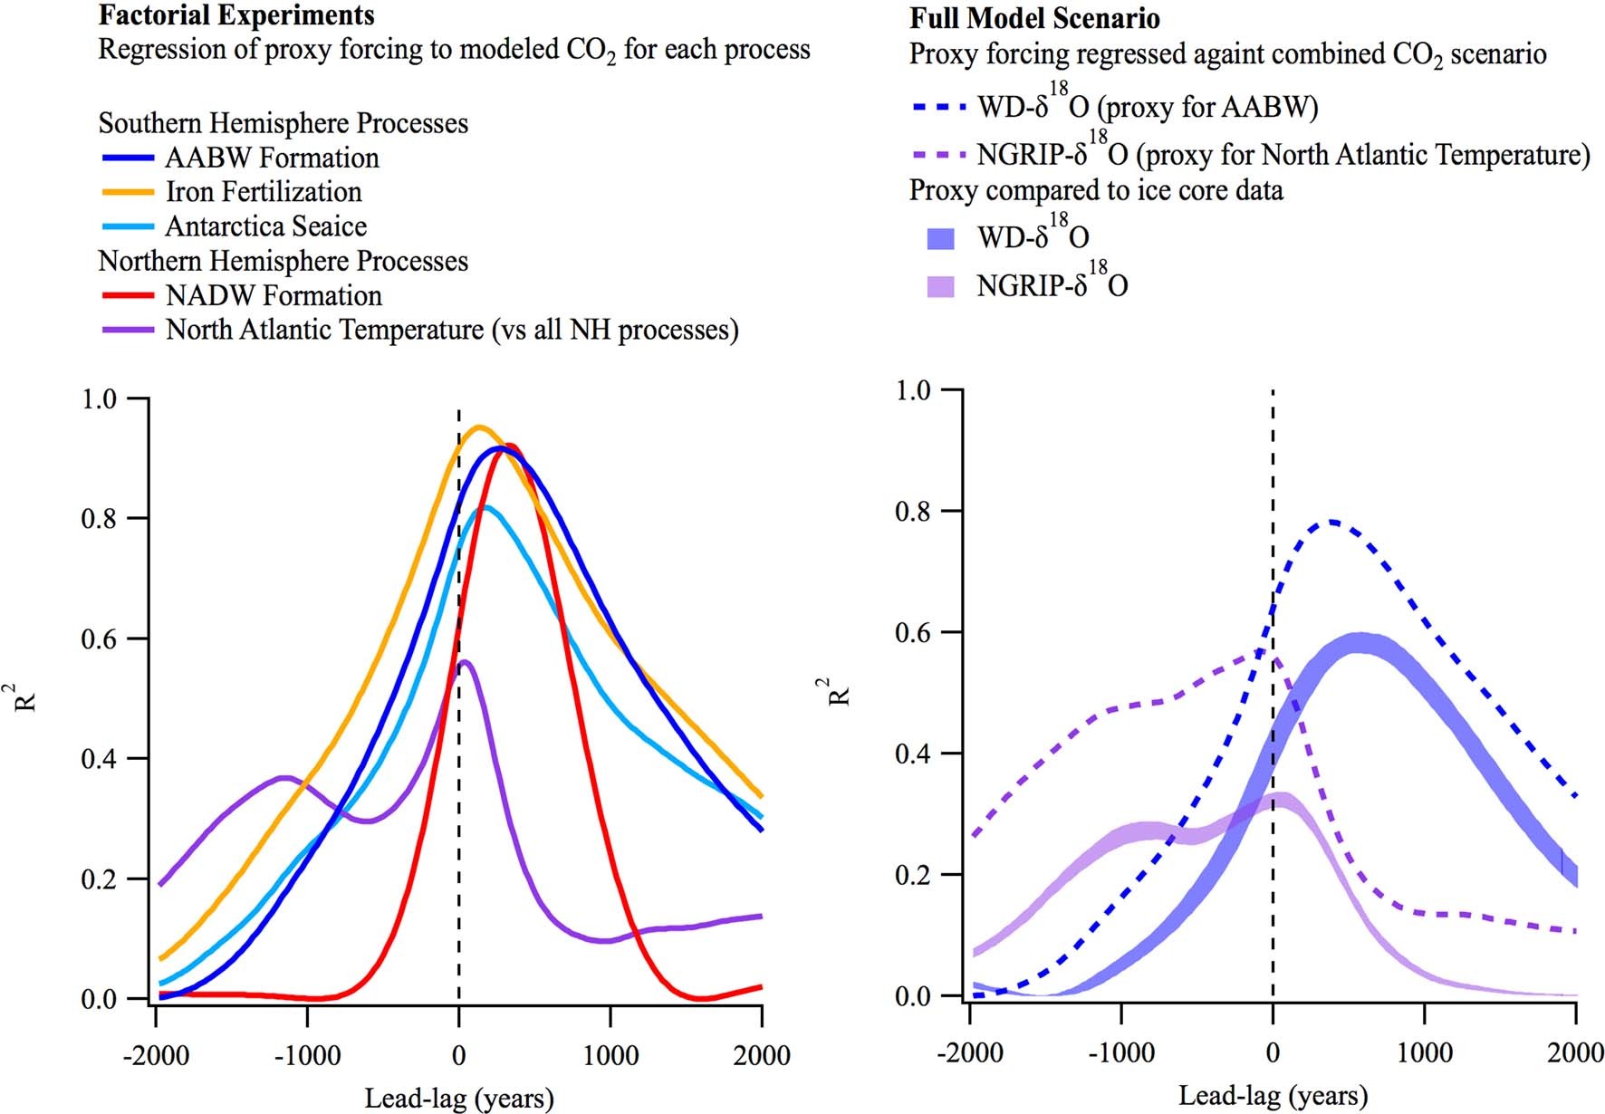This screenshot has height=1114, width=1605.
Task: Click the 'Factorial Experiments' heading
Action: coord(236,15)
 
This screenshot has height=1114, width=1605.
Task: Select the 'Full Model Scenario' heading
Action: coord(1034,18)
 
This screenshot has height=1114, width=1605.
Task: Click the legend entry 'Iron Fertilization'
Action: coord(264,192)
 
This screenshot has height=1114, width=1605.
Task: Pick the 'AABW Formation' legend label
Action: coord(272,158)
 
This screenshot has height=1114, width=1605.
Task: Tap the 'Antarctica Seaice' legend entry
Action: coord(266,226)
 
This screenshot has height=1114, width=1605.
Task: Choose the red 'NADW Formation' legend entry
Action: coord(274,295)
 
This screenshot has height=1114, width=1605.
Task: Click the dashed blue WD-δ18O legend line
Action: coord(939,107)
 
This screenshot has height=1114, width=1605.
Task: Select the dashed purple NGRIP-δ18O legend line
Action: coord(939,155)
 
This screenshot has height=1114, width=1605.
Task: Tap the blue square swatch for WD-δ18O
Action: coord(941,238)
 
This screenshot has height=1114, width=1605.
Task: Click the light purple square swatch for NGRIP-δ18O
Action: coord(941,286)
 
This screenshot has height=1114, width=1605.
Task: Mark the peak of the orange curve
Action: coord(480,427)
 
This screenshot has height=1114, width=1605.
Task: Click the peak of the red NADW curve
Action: coord(509,445)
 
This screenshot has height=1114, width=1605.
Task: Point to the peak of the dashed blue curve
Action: coord(1332,522)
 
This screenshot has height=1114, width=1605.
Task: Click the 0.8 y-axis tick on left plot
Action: coord(99,519)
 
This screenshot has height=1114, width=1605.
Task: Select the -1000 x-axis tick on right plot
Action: coord(1120,1052)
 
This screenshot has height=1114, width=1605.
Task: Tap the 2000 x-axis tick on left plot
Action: coord(762,1056)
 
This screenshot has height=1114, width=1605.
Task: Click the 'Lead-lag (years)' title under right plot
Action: coord(1272,1096)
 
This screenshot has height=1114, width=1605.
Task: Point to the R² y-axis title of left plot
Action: coord(26,697)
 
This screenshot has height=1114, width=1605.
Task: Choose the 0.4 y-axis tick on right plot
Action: coord(913,754)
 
